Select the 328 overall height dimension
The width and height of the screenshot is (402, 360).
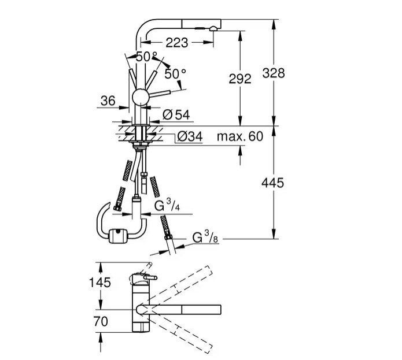pos(273,73)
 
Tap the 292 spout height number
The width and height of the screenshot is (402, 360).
pos(240,79)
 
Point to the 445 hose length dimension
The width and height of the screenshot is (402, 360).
pos(272,183)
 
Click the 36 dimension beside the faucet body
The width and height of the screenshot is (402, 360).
pos(108,100)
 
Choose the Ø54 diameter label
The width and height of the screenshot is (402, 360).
pos(176,114)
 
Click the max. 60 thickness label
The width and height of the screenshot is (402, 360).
pos(240,137)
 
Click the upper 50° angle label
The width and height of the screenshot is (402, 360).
pos(146,56)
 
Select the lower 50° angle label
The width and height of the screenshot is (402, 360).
pos(175,73)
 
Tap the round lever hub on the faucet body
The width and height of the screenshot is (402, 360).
pos(141,97)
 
